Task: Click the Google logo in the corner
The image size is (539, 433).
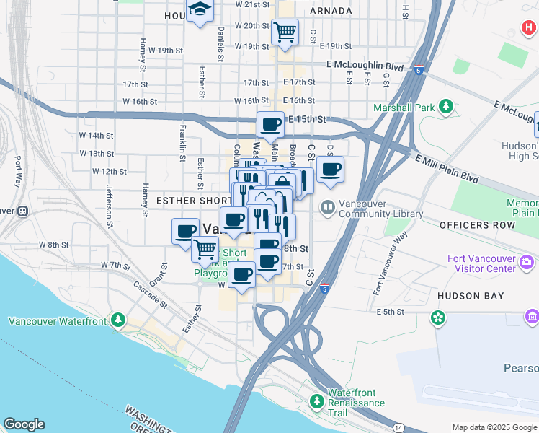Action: [24, 424]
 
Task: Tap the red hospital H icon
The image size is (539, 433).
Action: [529, 30]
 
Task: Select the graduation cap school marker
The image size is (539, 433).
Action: [199, 10]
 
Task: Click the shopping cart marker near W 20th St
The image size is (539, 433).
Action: [285, 32]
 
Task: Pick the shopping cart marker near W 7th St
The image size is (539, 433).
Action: [205, 249]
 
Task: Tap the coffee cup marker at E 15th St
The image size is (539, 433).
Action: [270, 124]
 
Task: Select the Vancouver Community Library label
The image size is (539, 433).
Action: [373, 209]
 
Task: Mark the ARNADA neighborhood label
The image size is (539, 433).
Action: [331, 11]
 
